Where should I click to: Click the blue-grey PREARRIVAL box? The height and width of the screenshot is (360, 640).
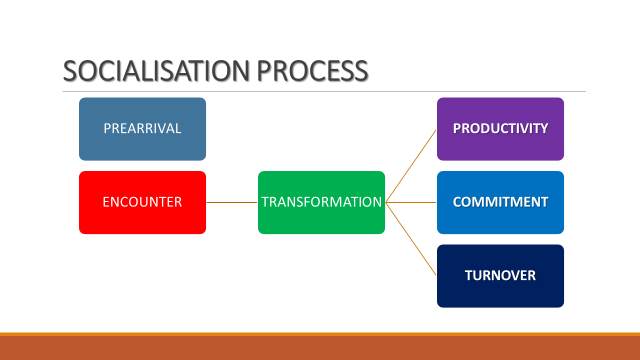(142, 129)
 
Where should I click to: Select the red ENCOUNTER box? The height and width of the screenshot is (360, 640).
(142, 202)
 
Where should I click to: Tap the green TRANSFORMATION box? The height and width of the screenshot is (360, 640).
(321, 202)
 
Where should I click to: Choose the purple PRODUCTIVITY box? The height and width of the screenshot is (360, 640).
(500, 129)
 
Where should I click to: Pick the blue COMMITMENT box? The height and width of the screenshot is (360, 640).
(500, 202)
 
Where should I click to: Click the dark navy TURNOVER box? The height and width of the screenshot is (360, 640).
(500, 276)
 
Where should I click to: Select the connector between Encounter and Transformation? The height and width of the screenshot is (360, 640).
(232, 202)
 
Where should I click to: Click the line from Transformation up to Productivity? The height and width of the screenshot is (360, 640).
(411, 166)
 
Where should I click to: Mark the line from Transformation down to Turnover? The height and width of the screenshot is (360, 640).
(411, 239)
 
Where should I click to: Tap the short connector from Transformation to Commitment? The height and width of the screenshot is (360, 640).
(411, 202)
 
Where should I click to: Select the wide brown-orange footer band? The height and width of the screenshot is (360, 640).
(320, 348)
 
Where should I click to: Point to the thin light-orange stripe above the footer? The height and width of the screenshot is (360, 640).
(320, 334)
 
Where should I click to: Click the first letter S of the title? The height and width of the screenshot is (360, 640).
(69, 72)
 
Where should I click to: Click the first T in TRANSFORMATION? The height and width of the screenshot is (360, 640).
(266, 202)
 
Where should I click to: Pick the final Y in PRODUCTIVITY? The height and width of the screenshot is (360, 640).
(544, 129)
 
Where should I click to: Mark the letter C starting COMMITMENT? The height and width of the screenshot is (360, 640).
(458, 202)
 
